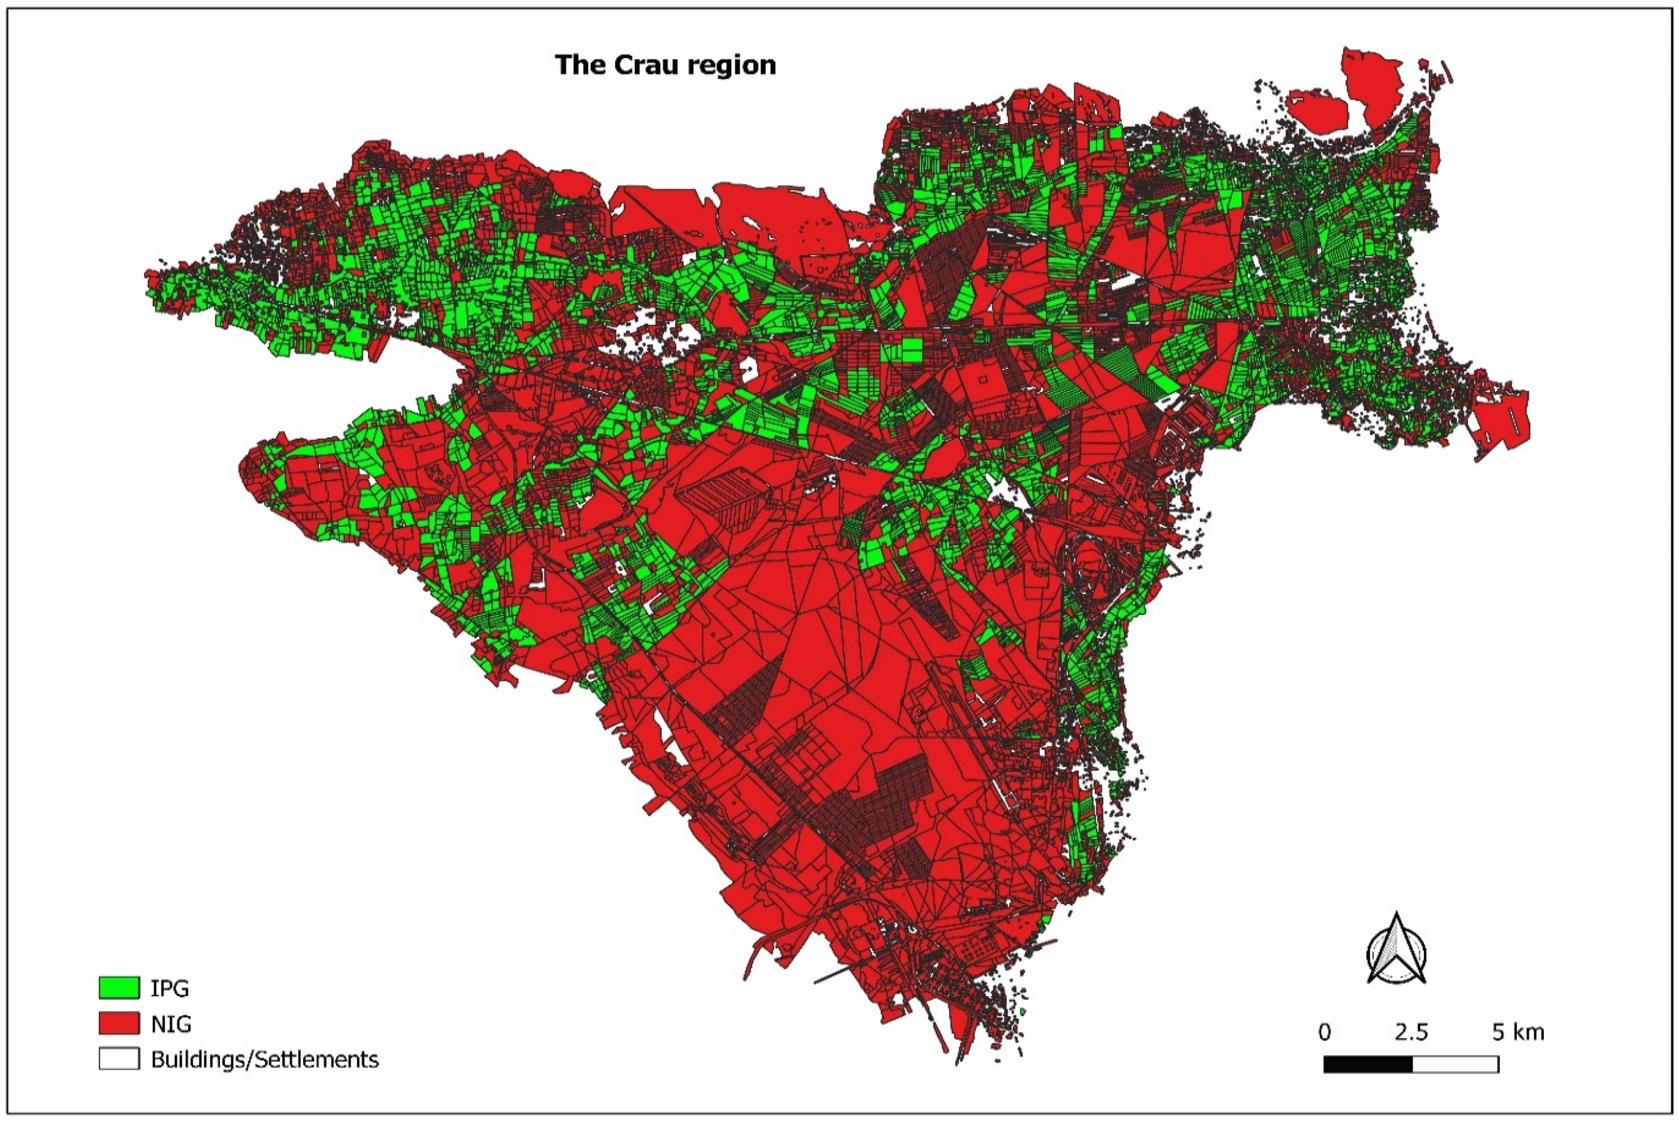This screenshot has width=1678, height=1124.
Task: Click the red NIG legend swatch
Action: coord(118,1024)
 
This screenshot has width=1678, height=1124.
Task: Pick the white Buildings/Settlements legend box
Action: coord(118,1059)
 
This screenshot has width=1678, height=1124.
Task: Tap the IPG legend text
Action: coord(170,988)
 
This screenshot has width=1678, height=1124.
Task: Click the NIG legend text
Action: coord(171,1024)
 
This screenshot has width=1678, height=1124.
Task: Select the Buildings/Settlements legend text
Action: coord(265,1059)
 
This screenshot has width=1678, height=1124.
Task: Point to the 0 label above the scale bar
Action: coord(1324,1032)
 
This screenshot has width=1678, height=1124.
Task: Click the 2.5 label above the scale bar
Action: coord(1411,1032)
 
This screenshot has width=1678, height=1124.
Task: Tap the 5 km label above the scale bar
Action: coord(1518,1032)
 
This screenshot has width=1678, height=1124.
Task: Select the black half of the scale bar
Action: coord(1368,1065)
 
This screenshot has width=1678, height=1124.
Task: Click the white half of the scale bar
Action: coord(1456,1065)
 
